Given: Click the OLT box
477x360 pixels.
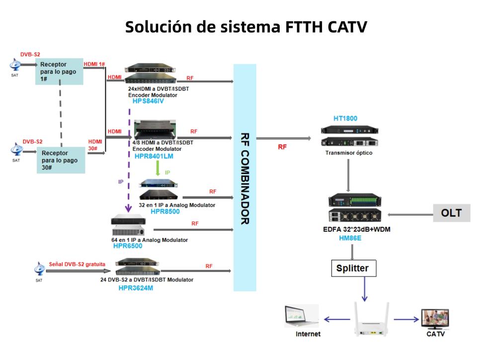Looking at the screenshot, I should [451, 214].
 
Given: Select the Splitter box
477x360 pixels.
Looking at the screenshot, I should [353, 268].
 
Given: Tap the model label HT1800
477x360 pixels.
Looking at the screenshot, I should [345, 118].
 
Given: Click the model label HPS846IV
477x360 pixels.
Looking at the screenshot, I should [148, 101].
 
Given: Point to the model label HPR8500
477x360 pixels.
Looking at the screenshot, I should [165, 212].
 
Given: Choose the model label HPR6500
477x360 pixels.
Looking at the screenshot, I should [128, 246].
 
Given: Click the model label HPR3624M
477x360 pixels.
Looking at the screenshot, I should [136, 288].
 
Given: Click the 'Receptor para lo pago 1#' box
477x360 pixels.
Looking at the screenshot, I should [59, 72].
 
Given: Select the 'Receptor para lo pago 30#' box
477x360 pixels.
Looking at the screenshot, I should [61, 160].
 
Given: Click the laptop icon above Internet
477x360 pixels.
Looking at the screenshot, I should [301, 316].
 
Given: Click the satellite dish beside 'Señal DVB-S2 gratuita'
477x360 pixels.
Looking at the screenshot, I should [39, 270].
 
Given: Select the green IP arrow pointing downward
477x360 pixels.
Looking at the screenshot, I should [158, 169].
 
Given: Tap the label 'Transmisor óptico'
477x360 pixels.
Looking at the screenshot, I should [348, 153].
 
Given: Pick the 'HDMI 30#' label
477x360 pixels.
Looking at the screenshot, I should [95, 145].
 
